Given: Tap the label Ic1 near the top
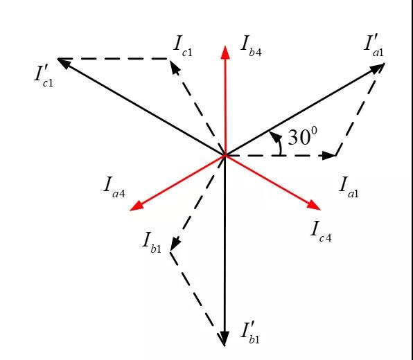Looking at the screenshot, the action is coord(183,47).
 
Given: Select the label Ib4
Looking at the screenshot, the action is coord(252,47).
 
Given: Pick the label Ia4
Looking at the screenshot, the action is coord(114,188).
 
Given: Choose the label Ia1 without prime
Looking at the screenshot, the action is coord(349,188).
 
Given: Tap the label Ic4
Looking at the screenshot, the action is coord(321,232).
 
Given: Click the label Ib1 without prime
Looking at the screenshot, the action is coord(152,243).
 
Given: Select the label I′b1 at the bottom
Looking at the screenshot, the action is coord(250,332).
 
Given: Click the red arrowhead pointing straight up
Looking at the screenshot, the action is coord(225,53).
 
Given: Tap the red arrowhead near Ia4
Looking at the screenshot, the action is coord(137,206).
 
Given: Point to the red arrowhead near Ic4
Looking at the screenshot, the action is coord(314,205).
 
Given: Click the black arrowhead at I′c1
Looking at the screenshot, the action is coord(64,62).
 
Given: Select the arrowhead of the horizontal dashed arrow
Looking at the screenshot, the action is coord(328,155).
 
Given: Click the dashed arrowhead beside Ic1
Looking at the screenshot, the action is coord(175,67).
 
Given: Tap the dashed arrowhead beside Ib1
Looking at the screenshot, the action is coord(175,244).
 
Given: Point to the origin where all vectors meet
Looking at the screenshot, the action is coord(225,155).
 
